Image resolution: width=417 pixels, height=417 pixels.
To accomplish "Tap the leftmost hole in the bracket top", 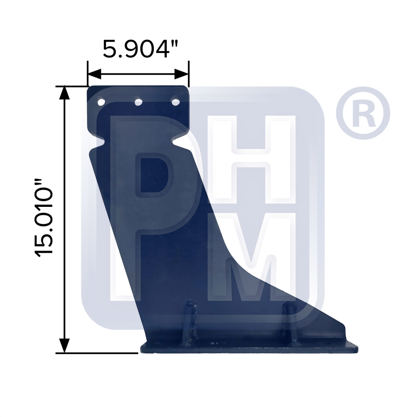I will tap(101, 101).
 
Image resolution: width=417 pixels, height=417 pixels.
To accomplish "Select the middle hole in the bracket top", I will tap(138, 101).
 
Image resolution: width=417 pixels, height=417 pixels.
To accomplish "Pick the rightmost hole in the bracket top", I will tap(176, 101).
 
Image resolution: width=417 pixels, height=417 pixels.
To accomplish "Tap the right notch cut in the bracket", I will tap(181, 143).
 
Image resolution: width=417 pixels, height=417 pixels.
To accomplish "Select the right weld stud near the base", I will tap(288, 319).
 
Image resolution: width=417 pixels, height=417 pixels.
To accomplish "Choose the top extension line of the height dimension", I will tap(71, 86).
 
